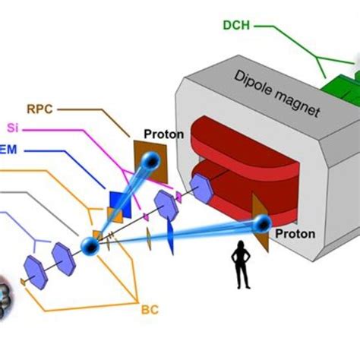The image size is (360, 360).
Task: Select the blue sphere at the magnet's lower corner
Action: tap(263, 223)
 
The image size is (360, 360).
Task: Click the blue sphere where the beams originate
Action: tap(91, 246)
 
